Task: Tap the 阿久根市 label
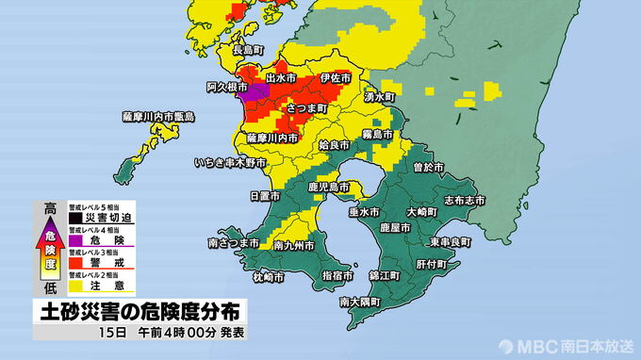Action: point(228,87)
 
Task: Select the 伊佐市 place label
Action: point(337,77)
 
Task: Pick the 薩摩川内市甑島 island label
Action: point(158,117)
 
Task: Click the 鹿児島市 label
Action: point(329,188)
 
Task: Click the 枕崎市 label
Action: point(269,277)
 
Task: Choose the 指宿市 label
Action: point(337,276)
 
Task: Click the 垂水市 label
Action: point(364,213)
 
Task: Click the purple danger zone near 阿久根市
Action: point(250,93)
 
